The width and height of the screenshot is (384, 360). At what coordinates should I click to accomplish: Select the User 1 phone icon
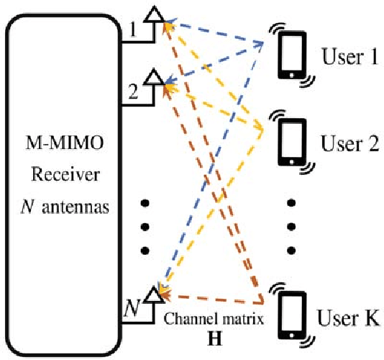click(292, 54)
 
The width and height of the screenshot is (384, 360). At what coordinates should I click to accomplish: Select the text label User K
click(349, 316)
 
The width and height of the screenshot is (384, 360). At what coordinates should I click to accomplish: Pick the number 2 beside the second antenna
click(132, 91)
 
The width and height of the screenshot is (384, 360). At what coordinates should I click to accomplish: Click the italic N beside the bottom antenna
click(132, 310)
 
